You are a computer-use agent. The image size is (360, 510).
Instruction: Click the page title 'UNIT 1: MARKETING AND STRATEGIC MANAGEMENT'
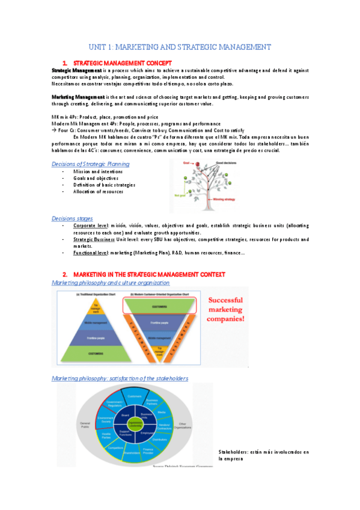[x=180, y=47]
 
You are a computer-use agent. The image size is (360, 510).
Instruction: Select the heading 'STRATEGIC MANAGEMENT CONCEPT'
[x=122, y=63]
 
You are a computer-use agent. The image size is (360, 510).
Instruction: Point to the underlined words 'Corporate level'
[x=90, y=226]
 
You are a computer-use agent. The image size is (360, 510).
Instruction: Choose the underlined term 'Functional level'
[x=91, y=253]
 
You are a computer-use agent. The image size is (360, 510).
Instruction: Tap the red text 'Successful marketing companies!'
[x=227, y=308]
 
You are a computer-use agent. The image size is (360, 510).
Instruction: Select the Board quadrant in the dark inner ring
[x=124, y=415]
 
